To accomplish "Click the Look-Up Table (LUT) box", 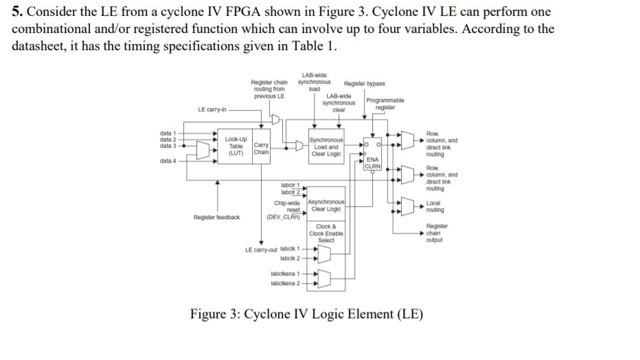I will coord(236,146).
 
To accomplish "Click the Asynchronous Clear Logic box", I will coord(326,205).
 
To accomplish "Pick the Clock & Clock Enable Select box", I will coord(326,233).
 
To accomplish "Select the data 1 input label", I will coord(168,132).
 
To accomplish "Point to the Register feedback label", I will coord(216,216).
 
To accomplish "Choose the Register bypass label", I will coord(364,83).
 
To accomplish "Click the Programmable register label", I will coord(385,104).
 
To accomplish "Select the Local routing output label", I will coord(435,206).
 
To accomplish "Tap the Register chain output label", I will coord(437,233).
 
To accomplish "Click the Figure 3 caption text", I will coord(306,315).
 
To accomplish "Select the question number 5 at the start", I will coord(17,12).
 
